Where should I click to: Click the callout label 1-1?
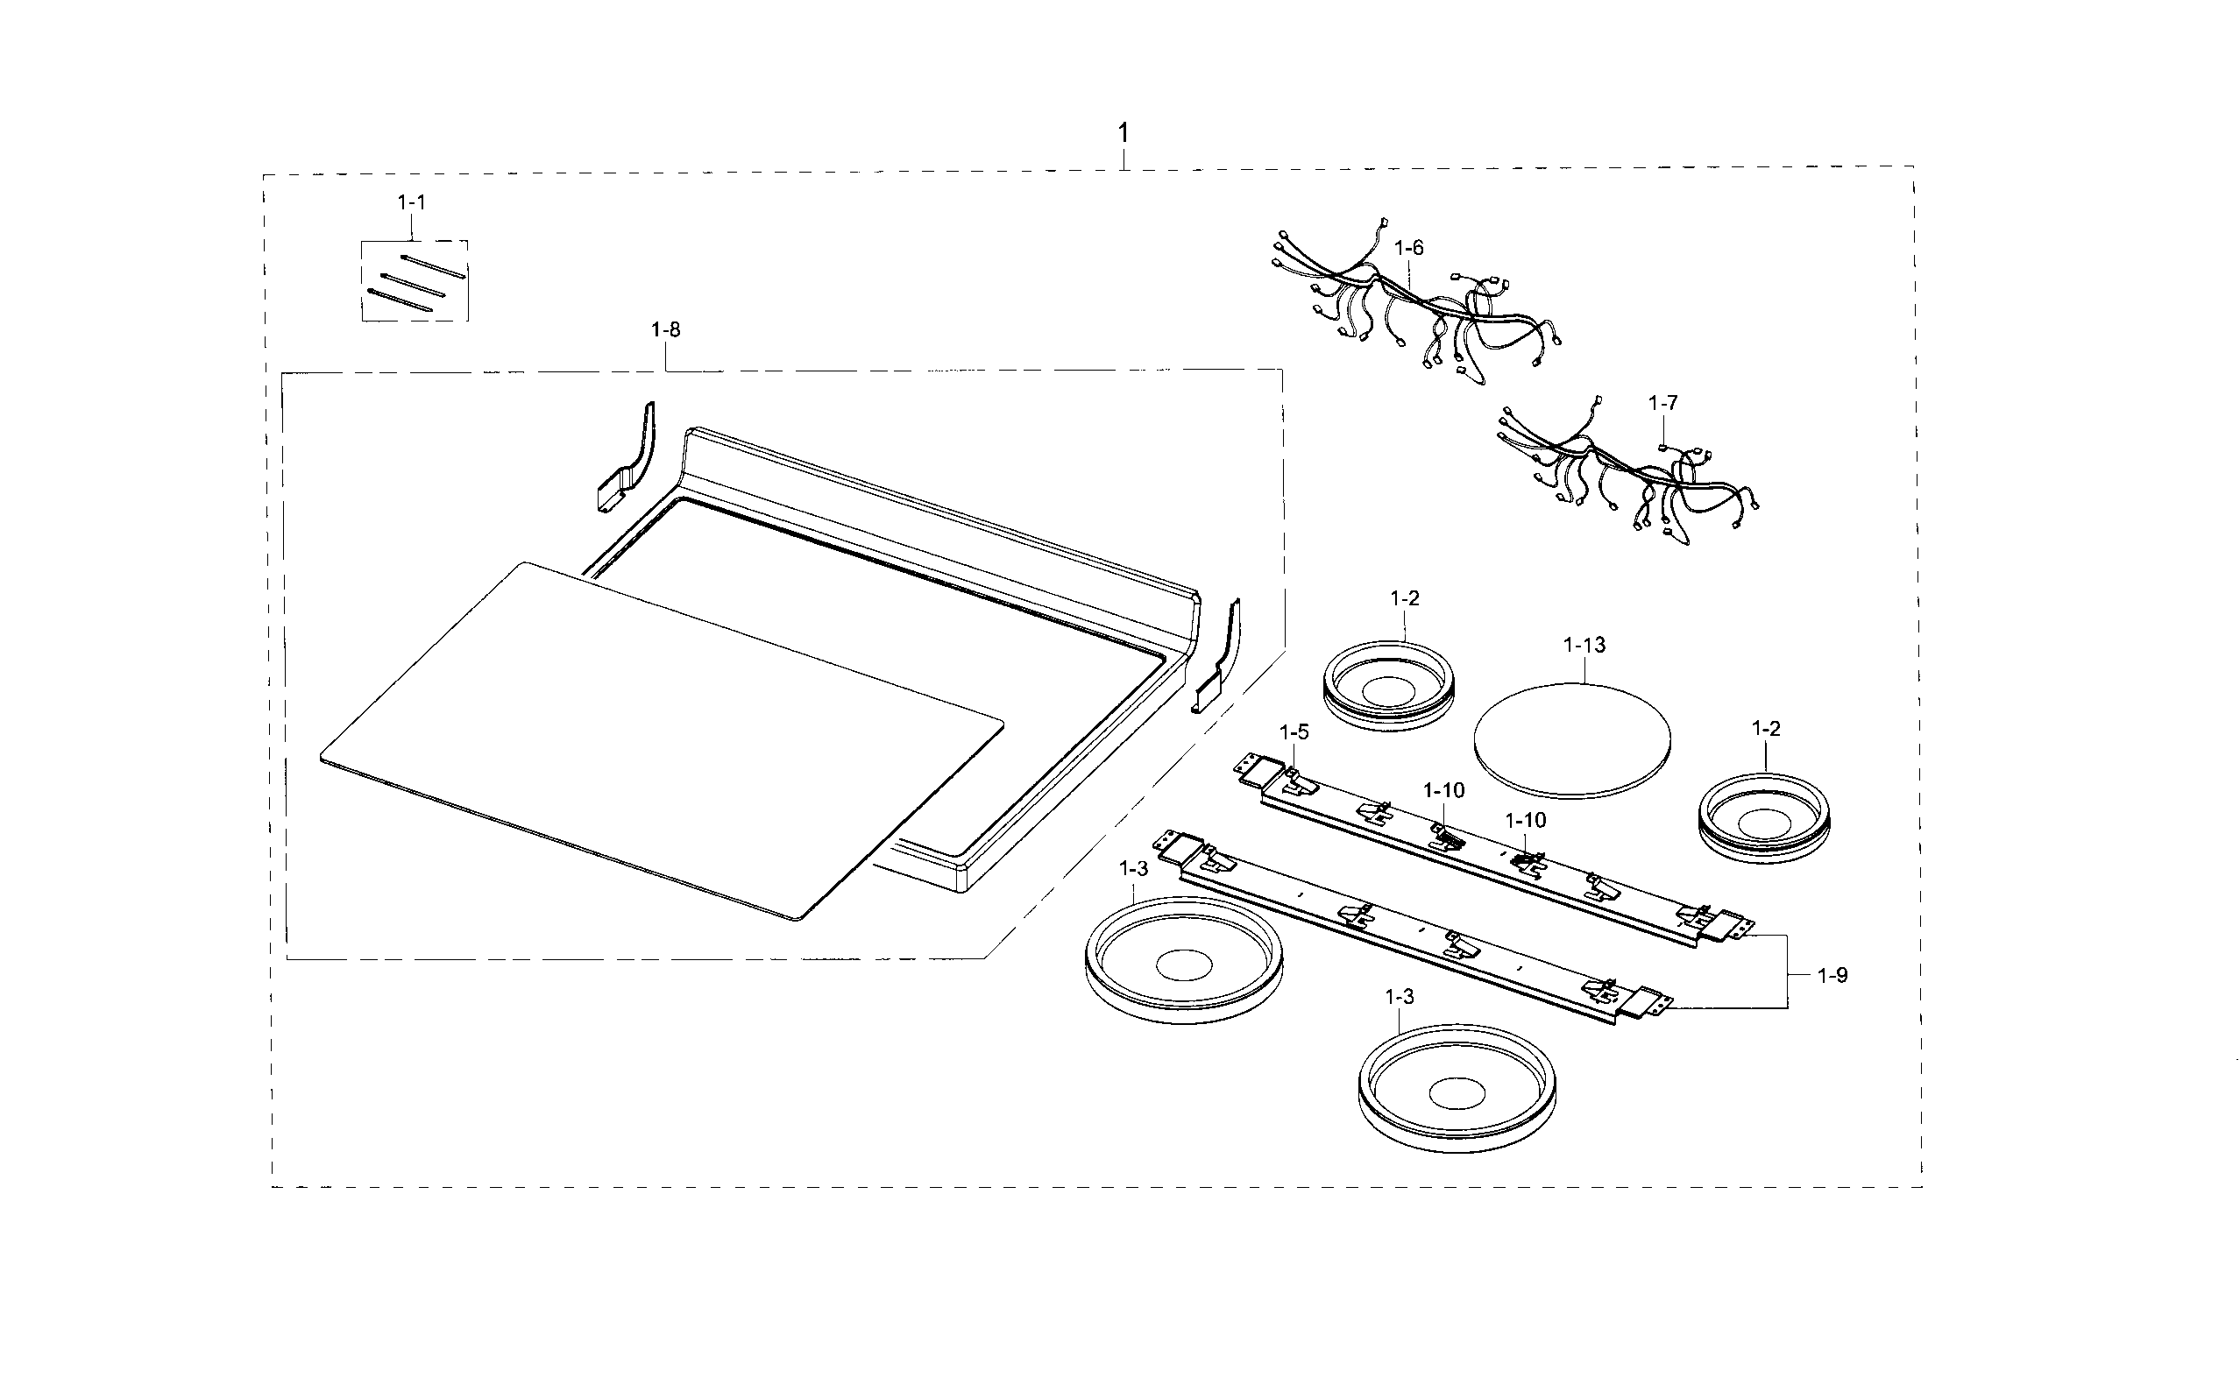point(412,201)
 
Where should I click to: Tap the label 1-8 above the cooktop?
point(665,329)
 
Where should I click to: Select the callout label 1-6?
point(1409,248)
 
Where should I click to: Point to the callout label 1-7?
point(1662,404)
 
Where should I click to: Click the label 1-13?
point(1584,645)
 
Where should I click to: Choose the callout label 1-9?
point(1832,975)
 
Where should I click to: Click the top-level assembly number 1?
point(1123,133)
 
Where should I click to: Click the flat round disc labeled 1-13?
point(1571,740)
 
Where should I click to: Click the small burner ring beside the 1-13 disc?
point(1387,686)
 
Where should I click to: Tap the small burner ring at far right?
point(1763,819)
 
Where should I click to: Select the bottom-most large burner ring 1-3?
point(1456,1088)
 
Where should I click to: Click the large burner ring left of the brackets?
point(1183,960)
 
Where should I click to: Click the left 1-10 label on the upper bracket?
point(1443,790)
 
